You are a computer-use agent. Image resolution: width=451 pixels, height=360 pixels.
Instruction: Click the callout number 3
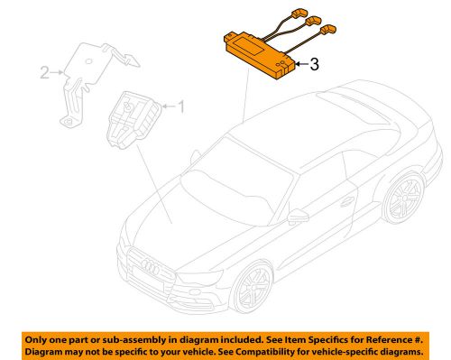click(313, 65)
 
